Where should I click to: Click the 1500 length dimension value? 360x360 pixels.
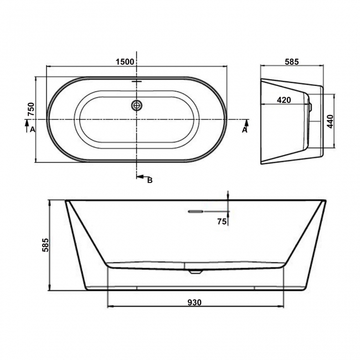pos(125,61)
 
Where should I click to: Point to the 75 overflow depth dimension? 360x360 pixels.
pos(222,222)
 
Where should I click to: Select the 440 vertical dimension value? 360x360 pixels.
pos(330,122)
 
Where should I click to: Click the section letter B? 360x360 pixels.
pos(149,180)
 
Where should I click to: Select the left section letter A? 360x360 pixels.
pos(32,130)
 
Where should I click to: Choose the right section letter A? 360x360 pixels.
pos(244,130)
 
